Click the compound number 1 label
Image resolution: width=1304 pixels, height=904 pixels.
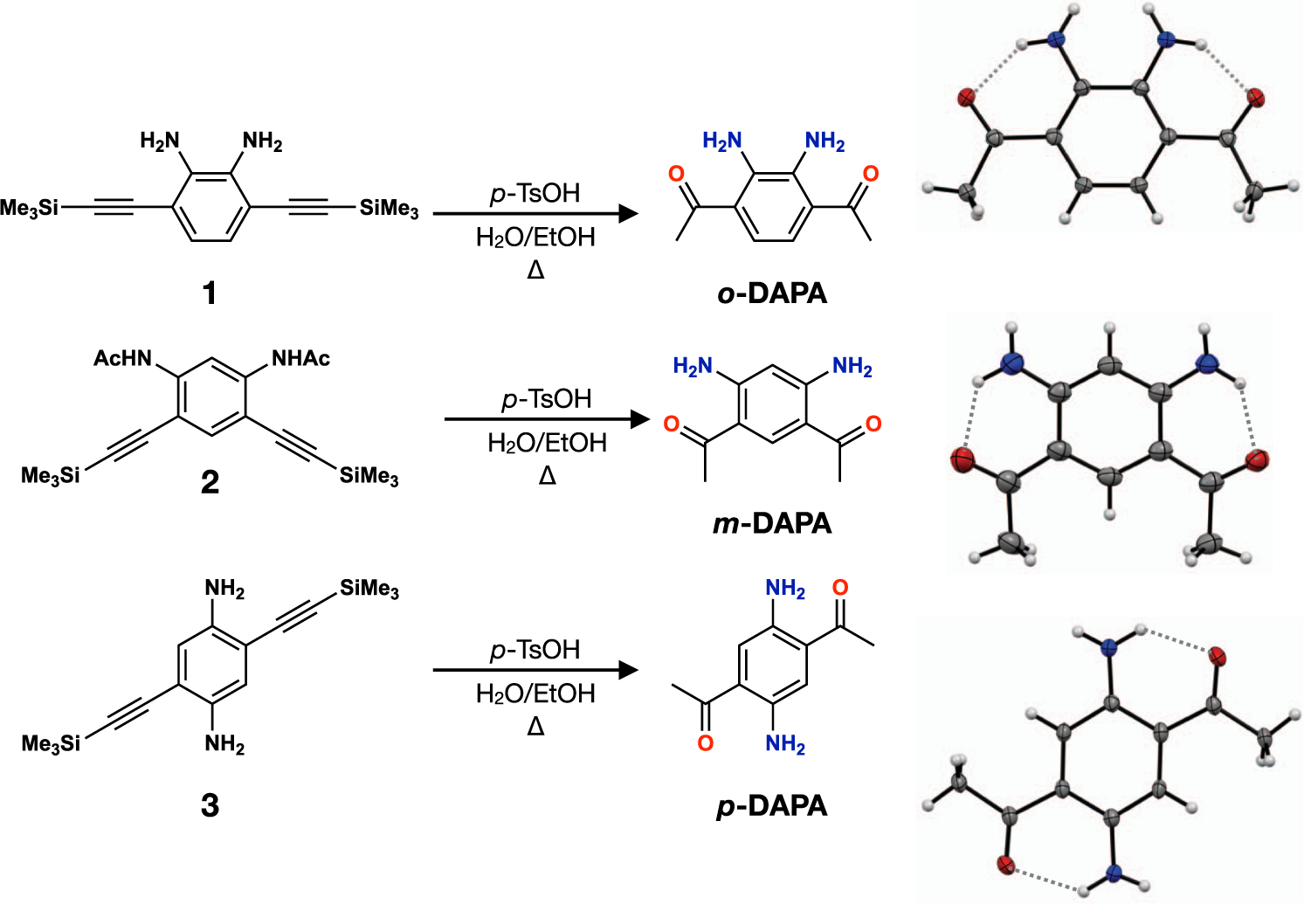pos(210,293)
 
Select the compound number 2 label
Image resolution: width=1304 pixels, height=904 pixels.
pos(210,482)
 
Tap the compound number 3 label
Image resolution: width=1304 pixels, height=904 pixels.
pos(210,805)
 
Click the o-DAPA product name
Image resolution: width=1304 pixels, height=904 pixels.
pos(772,293)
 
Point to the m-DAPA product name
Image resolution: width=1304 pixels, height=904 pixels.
pos(772,523)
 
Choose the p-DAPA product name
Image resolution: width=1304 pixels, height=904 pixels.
pos(772,805)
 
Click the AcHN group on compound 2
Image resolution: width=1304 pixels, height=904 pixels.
pos(122,358)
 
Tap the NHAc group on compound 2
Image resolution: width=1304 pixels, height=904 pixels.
pos(300,358)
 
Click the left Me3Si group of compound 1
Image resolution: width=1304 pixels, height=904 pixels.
pos(30,208)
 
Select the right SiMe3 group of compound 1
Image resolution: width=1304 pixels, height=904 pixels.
pos(389,209)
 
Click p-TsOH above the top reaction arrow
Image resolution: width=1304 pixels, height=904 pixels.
pos(535,193)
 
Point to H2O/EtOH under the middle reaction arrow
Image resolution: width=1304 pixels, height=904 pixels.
pos(547,443)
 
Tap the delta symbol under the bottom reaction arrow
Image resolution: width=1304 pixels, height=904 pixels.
pos(535,727)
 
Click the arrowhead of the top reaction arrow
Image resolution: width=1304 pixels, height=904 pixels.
pos(627,213)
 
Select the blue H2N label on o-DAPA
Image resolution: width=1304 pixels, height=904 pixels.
pos(722,141)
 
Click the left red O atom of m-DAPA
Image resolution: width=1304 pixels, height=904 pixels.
pos(671,424)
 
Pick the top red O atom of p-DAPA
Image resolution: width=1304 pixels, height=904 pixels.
pos(840,588)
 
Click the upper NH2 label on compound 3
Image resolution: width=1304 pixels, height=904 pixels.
pos(224,589)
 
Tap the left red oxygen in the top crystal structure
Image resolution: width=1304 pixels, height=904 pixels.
pos(966,97)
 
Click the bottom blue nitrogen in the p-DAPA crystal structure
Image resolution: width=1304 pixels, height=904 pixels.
pos(1113,873)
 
